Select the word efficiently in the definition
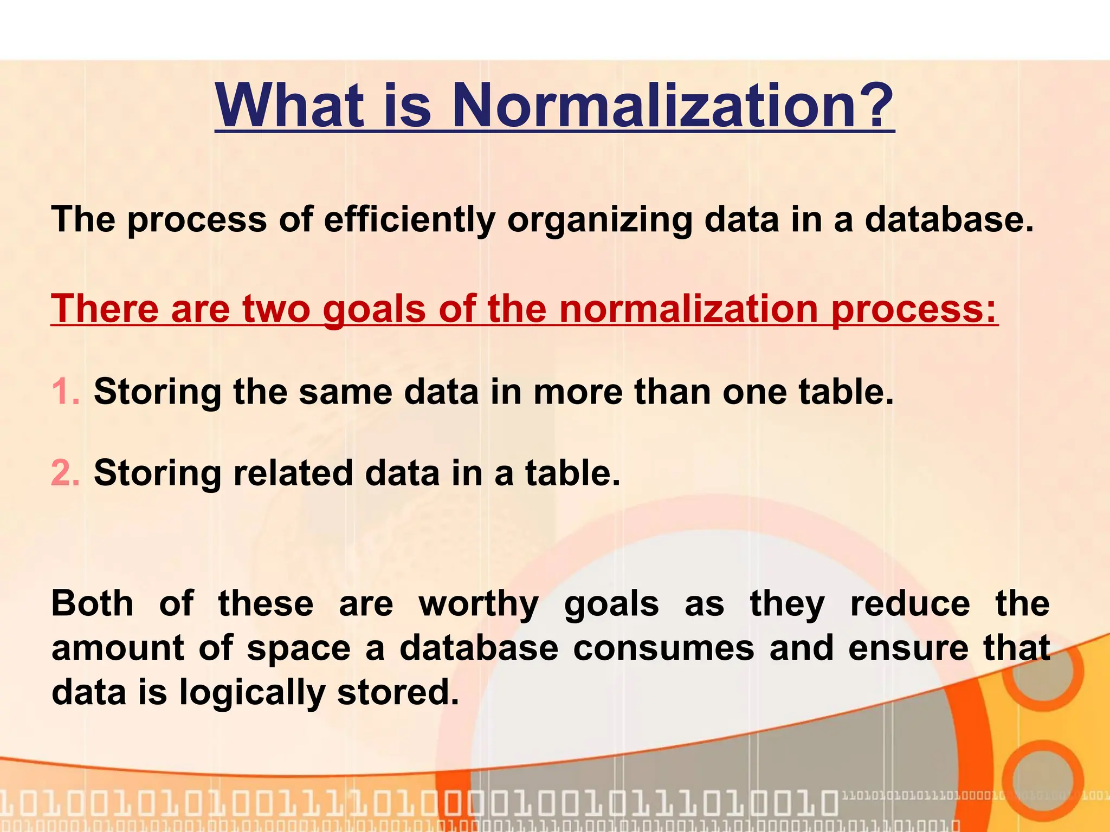click(x=410, y=220)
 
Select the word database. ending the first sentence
click(x=948, y=220)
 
